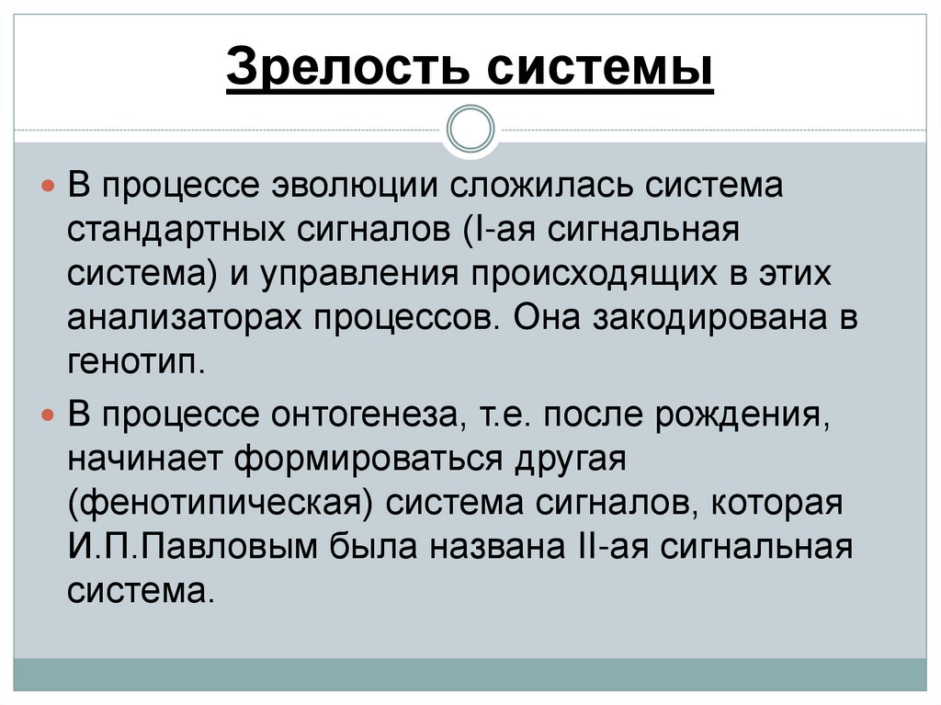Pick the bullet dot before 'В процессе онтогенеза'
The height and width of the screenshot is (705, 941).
point(51,418)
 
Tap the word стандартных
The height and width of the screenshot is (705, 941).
point(175,227)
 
